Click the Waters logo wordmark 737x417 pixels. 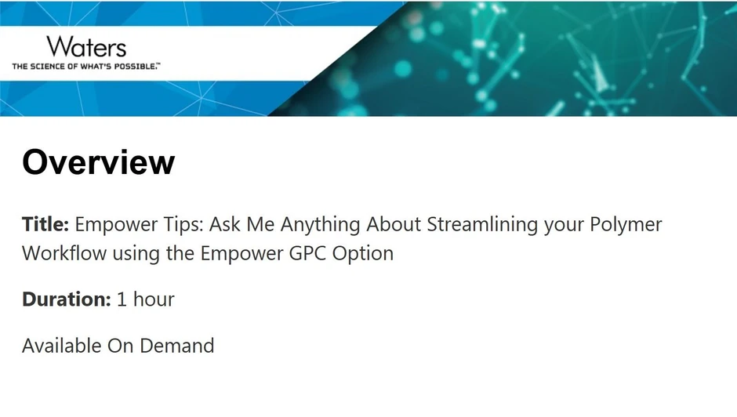(x=85, y=46)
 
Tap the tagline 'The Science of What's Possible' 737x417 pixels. (x=85, y=67)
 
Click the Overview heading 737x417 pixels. (x=98, y=162)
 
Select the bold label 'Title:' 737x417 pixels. (x=46, y=225)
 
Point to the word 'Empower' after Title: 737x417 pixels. (x=112, y=225)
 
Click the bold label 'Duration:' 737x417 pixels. (x=66, y=299)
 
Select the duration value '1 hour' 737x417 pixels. (x=146, y=299)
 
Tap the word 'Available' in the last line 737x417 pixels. (x=62, y=345)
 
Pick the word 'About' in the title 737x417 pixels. (x=395, y=225)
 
